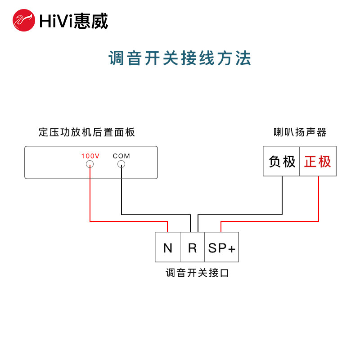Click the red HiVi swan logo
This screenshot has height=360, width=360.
pos(24,20)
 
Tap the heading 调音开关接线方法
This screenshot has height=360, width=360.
pos(180,58)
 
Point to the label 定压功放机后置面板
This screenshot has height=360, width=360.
pos(87,132)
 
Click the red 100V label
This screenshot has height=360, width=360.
pos(90,156)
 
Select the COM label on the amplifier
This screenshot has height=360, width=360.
pos(121,156)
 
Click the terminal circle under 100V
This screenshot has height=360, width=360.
pos(90,164)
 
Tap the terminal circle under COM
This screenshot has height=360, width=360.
pos(121,164)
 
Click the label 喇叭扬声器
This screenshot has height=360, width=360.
pos(300,132)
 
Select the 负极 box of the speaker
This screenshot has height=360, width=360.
pos(282,161)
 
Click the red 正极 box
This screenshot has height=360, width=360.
pos(318,161)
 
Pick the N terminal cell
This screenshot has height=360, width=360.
pos(168,247)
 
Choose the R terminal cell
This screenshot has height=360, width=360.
pos(193,247)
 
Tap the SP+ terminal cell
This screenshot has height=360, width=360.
pos(221,247)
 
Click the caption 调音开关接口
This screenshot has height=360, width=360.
pos(198,273)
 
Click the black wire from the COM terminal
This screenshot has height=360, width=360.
pos(121,193)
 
